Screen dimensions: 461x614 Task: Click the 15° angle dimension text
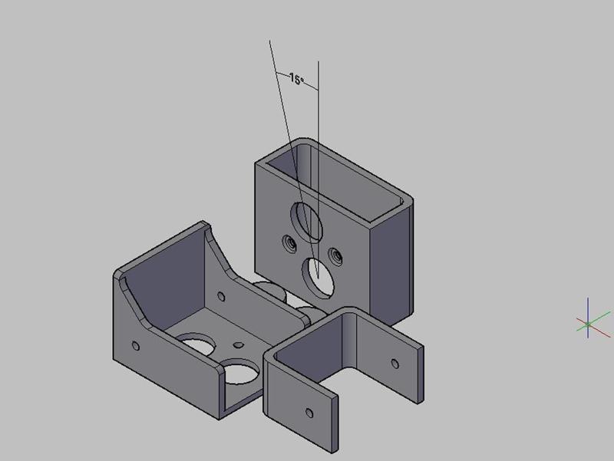click(x=297, y=79)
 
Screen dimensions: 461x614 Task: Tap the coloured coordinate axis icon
click(x=588, y=324)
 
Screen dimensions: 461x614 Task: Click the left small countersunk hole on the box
click(x=289, y=245)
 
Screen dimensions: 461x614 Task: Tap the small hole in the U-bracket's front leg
click(x=310, y=413)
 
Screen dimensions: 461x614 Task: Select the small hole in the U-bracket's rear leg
click(x=396, y=364)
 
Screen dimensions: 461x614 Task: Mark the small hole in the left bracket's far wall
click(x=223, y=295)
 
